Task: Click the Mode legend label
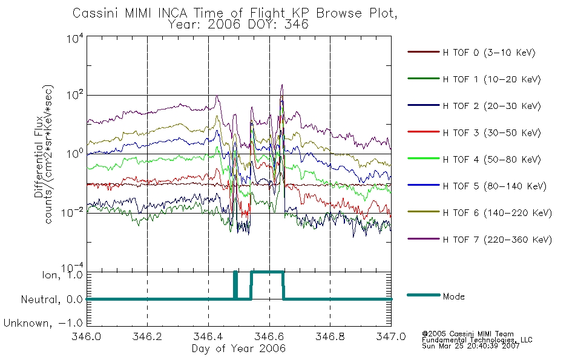(x=453, y=296)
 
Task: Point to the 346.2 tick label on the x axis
(x=147, y=336)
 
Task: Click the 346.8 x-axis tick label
(x=330, y=336)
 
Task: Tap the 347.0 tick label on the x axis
(x=391, y=336)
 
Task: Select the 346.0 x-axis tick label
(x=86, y=336)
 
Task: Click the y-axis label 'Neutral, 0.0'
(x=51, y=300)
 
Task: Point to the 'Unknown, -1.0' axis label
(x=43, y=323)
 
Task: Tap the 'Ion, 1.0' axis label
(x=62, y=275)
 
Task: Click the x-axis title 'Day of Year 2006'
(x=238, y=348)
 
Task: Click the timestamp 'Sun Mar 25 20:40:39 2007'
(x=470, y=346)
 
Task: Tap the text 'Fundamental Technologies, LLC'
(x=477, y=340)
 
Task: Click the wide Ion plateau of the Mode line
(x=267, y=272)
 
